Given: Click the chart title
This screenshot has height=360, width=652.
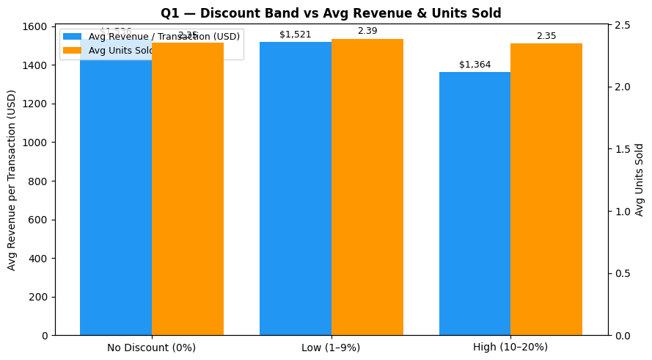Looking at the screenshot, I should pos(331,13).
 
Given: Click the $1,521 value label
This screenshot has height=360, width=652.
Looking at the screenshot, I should pos(296,35).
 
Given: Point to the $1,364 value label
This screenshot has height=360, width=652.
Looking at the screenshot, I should pos(475,65).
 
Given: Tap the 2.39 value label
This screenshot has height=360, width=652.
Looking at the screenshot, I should pos(367,31).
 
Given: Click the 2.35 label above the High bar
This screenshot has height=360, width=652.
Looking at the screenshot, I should pos(546,36).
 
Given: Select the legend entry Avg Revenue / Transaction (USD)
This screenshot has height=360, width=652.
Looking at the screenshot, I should pos(164,37).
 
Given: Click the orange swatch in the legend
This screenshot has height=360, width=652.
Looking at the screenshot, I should pos(72,51).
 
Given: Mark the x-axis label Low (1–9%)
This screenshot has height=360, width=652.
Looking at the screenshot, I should pos(331,348).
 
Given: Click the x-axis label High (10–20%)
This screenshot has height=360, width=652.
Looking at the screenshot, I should pos(510,348).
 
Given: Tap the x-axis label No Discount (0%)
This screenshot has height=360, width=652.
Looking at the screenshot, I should pos(151,348).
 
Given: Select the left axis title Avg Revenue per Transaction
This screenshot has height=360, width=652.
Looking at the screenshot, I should pos(12,180).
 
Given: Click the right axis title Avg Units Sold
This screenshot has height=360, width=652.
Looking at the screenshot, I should pos(640,180).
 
